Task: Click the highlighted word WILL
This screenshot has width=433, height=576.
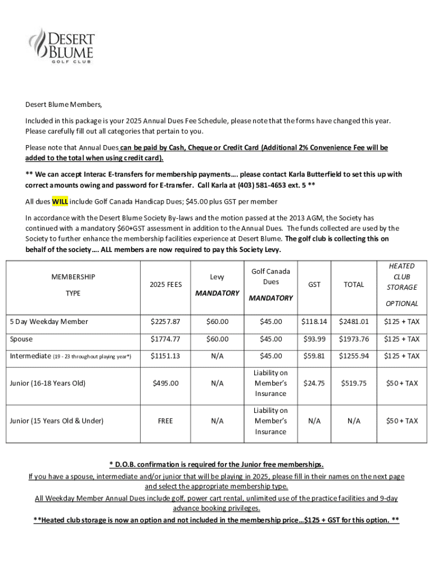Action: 60,201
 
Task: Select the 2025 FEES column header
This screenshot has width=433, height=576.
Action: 165,285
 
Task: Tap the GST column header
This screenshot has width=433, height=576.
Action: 314,285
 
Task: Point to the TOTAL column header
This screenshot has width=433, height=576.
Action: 354,285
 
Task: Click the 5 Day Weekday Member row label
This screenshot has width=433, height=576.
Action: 49,322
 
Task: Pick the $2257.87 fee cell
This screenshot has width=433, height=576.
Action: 165,322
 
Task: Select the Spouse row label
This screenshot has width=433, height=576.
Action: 21,339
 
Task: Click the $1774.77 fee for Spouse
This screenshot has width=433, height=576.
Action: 165,339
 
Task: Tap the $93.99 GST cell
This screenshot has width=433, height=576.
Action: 314,339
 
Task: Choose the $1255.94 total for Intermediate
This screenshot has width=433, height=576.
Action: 354,356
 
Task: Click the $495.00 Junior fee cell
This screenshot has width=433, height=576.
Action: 165,383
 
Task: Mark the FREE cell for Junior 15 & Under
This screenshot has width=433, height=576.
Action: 165,421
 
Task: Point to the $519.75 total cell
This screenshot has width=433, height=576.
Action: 354,383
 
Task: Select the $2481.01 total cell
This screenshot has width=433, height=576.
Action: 354,322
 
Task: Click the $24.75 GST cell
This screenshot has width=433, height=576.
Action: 314,383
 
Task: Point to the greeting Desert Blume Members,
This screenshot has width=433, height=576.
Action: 64,105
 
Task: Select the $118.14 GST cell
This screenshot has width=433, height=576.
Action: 314,322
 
